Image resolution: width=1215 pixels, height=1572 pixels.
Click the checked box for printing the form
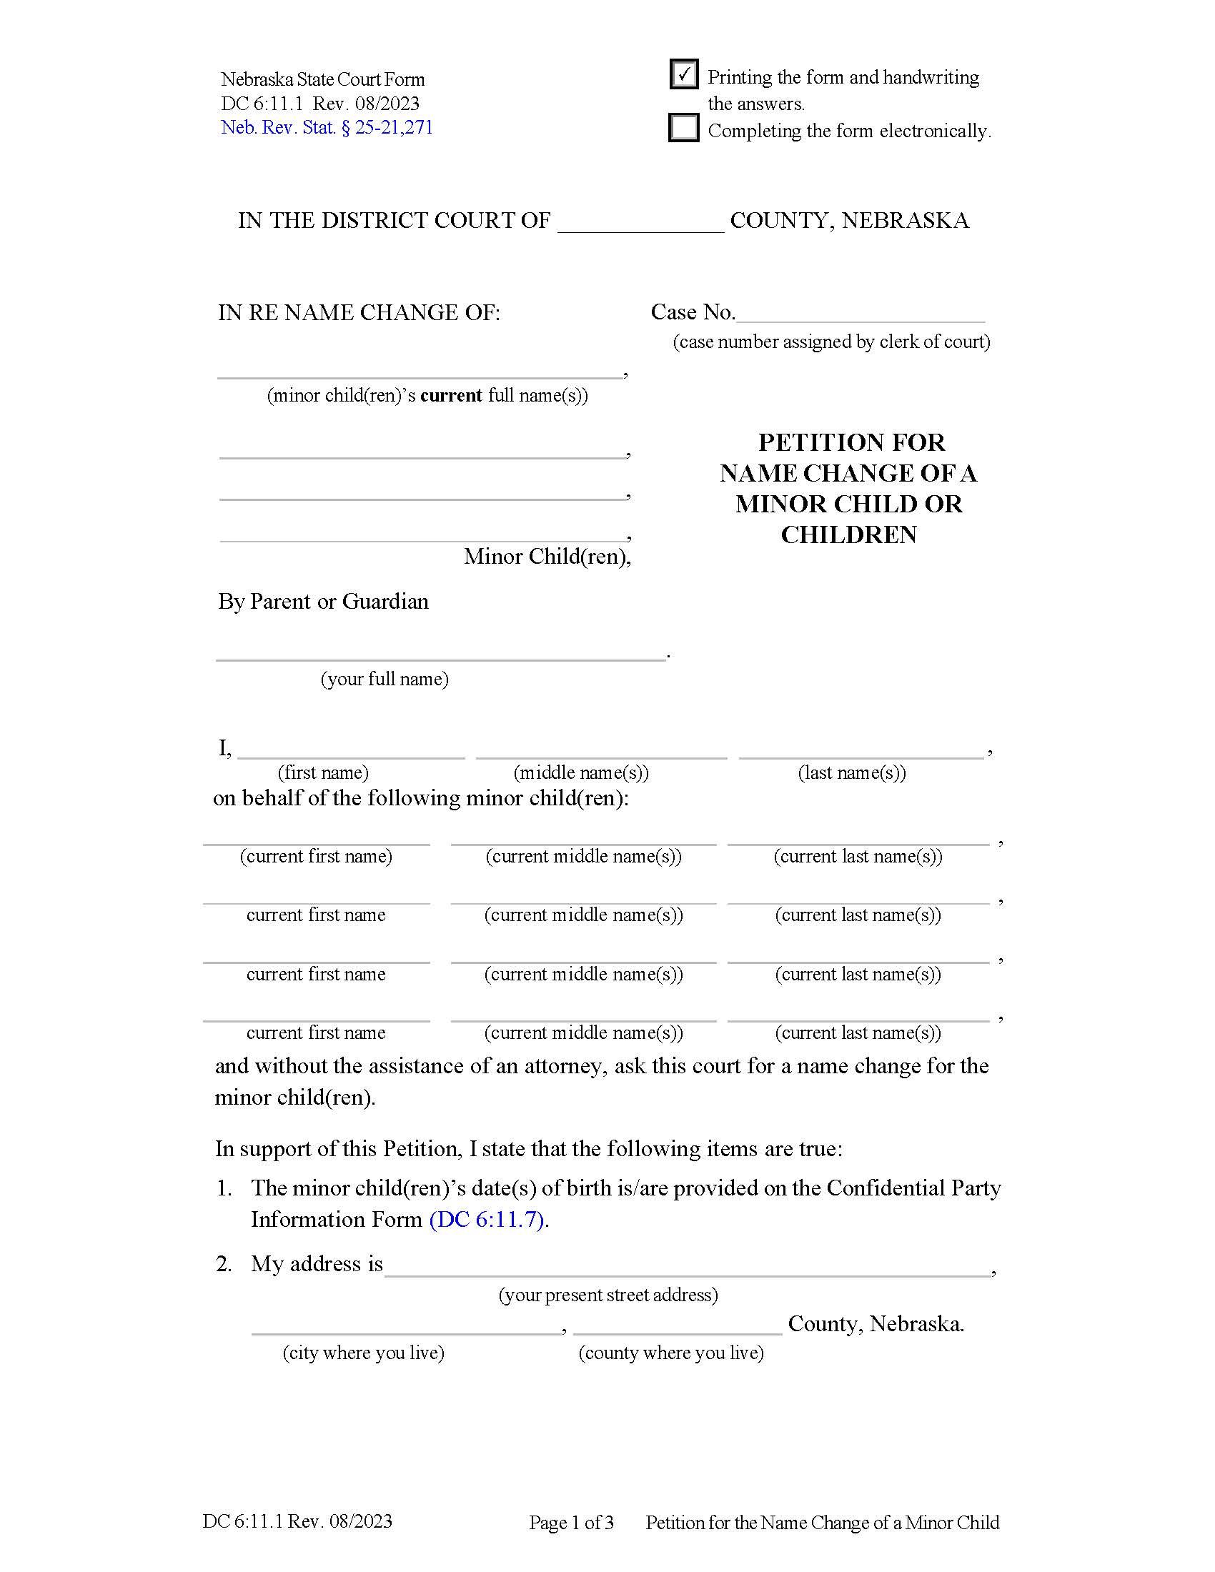(x=683, y=74)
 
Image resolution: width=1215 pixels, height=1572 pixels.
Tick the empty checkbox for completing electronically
(x=683, y=128)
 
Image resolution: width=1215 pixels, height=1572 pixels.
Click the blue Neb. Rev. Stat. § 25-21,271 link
(x=327, y=127)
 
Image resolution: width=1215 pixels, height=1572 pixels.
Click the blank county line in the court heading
(x=640, y=223)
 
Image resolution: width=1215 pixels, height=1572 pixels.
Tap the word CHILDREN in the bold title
(x=848, y=534)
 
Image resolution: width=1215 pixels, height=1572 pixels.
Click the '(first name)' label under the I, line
(x=323, y=772)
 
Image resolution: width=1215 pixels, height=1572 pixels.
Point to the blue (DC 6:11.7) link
(x=487, y=1219)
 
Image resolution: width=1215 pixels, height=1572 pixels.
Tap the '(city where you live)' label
(x=364, y=1353)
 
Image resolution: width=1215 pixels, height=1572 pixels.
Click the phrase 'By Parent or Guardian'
(x=323, y=601)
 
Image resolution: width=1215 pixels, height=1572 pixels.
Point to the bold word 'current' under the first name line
(x=450, y=395)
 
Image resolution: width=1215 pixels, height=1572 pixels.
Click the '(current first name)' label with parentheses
(x=316, y=856)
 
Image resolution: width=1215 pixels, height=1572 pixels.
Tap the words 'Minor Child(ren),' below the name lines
(x=547, y=557)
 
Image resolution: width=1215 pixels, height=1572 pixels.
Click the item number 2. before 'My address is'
(x=224, y=1264)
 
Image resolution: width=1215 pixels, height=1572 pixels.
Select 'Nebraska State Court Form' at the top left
(x=322, y=79)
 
